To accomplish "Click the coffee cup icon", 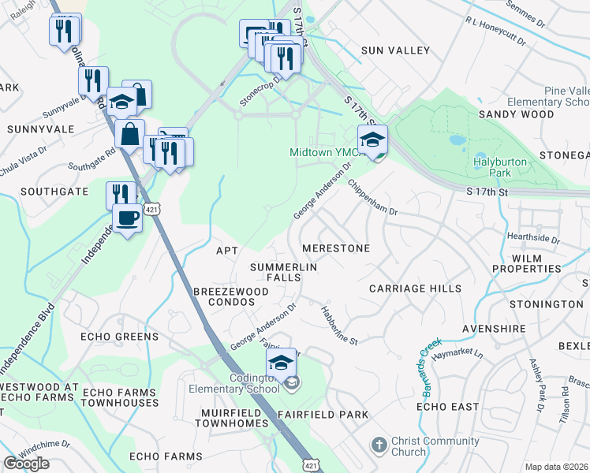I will [x=126, y=218].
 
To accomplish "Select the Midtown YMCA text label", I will [x=325, y=152].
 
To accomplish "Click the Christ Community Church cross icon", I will [x=379, y=445].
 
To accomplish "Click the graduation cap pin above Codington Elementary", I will [x=280, y=363].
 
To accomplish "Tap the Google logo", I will [x=27, y=464].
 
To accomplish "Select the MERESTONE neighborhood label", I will [x=336, y=248].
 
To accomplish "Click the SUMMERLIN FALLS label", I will [x=284, y=274].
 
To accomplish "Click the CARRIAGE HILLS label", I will [x=416, y=289].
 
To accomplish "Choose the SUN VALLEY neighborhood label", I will [x=396, y=50].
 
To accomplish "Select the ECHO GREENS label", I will [x=120, y=337].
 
